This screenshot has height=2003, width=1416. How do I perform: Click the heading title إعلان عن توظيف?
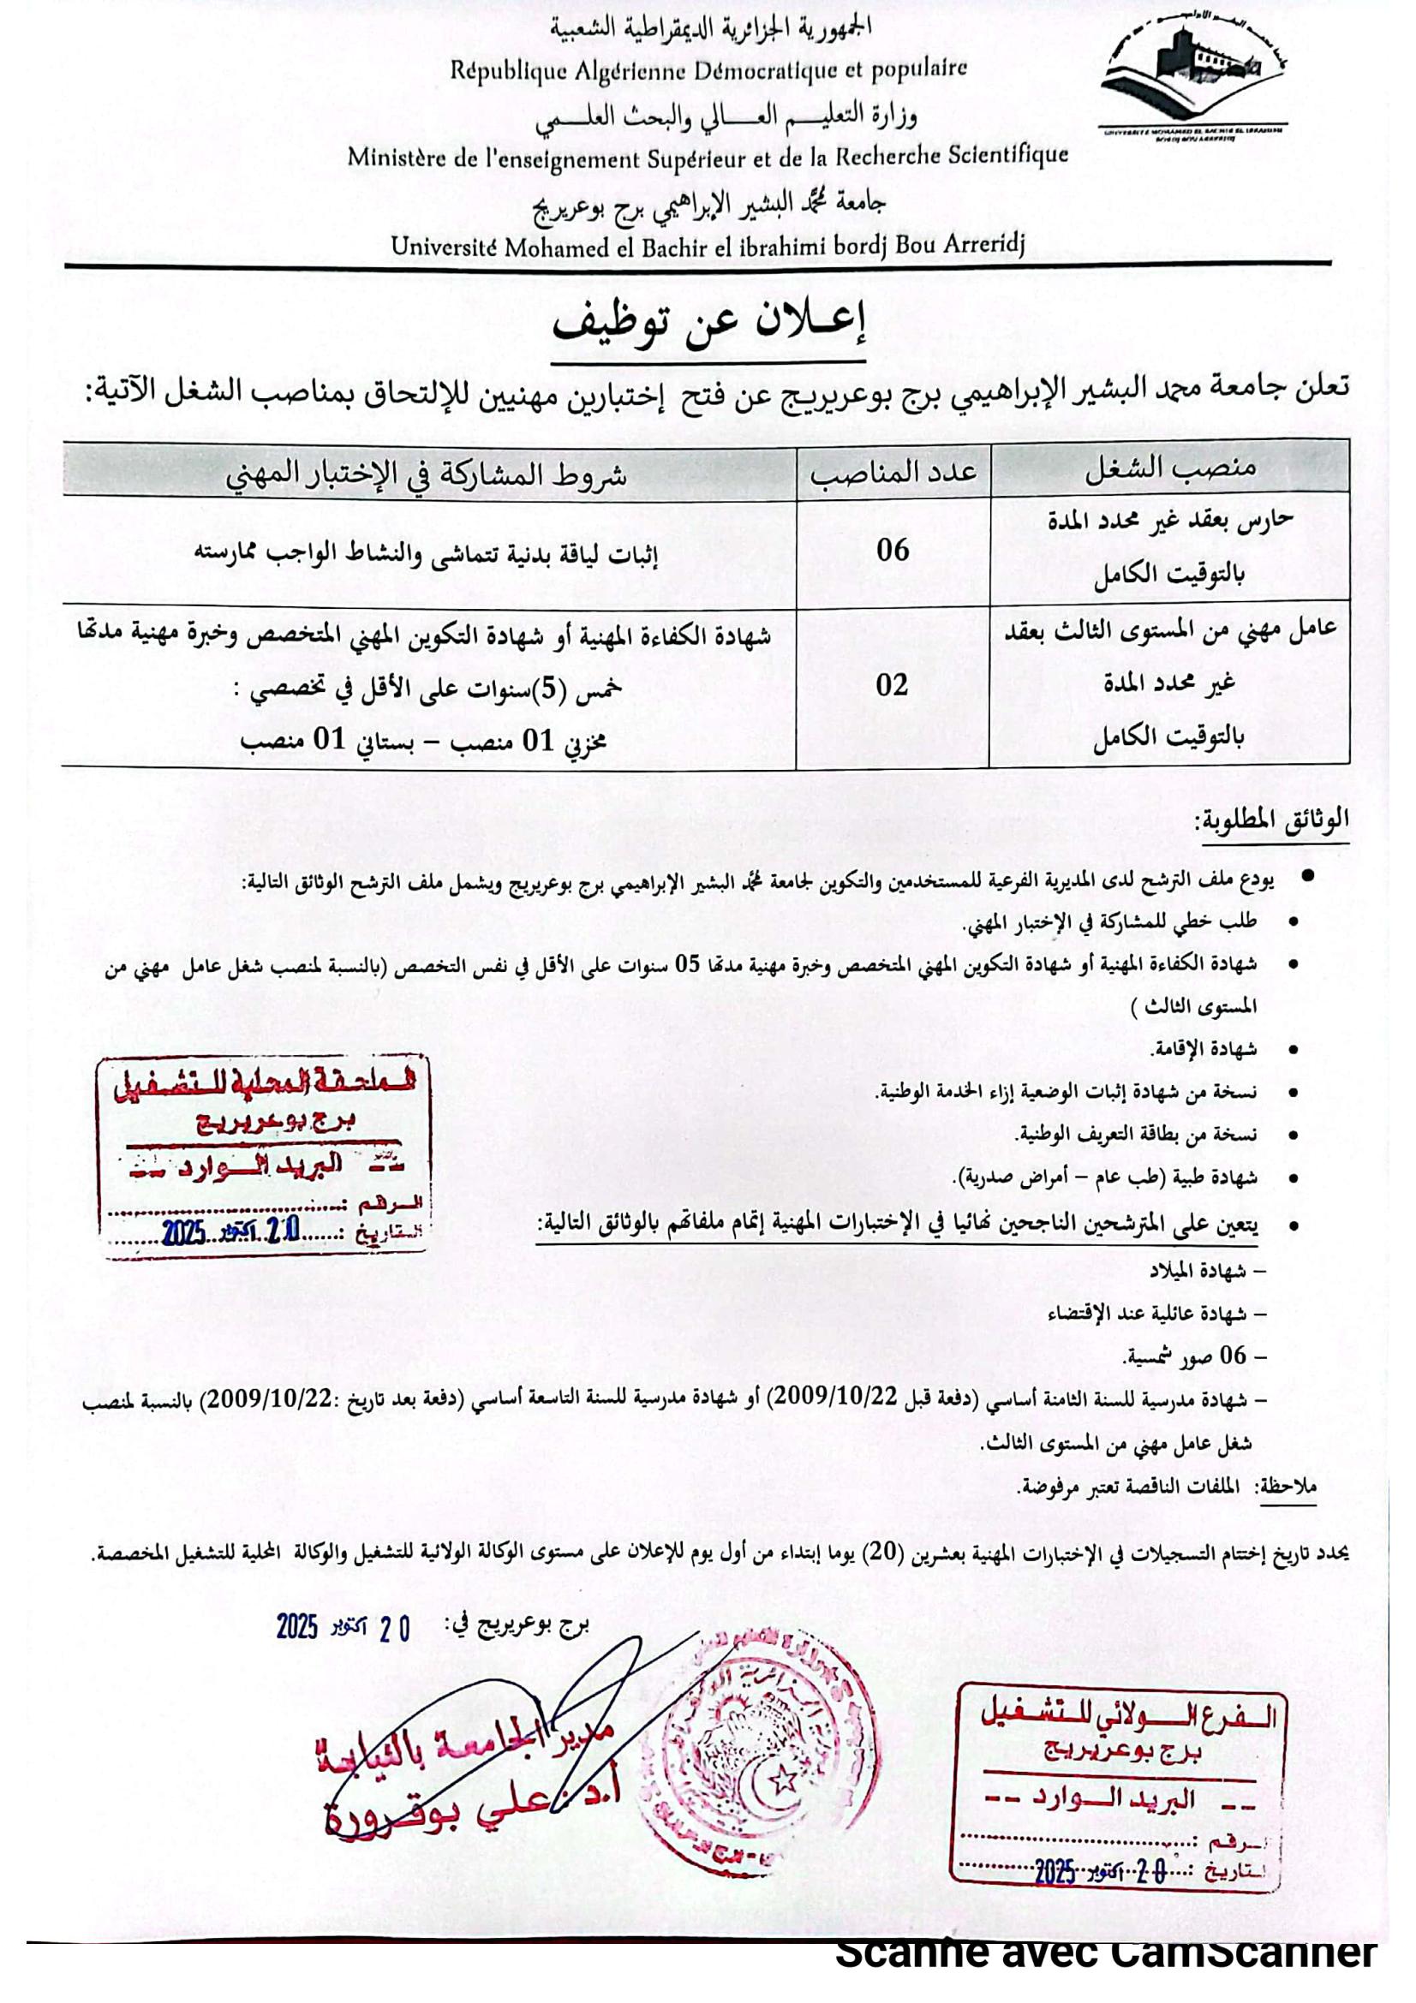(708, 325)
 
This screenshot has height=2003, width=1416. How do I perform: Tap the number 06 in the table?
(893, 551)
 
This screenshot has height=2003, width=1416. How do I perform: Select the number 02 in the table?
(893, 686)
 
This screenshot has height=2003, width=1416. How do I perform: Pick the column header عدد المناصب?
(893, 472)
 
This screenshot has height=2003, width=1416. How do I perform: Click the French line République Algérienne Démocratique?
(708, 69)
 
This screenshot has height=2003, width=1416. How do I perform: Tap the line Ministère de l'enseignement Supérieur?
(708, 158)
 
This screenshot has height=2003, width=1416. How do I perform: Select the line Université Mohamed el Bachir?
(708, 247)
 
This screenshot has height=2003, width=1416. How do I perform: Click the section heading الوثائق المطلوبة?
(1273, 820)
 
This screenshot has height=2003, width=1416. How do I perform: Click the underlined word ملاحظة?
(1288, 1486)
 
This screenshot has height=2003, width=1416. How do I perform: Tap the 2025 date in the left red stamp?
(183, 1232)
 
